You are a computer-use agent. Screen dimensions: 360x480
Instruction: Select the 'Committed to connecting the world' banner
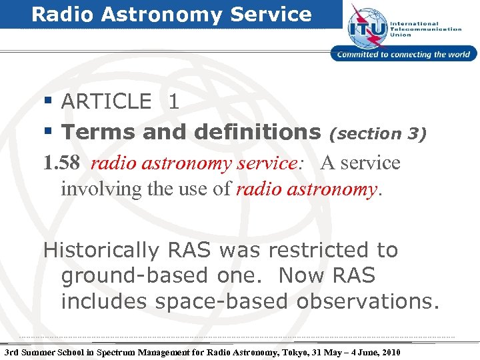click(x=404, y=55)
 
